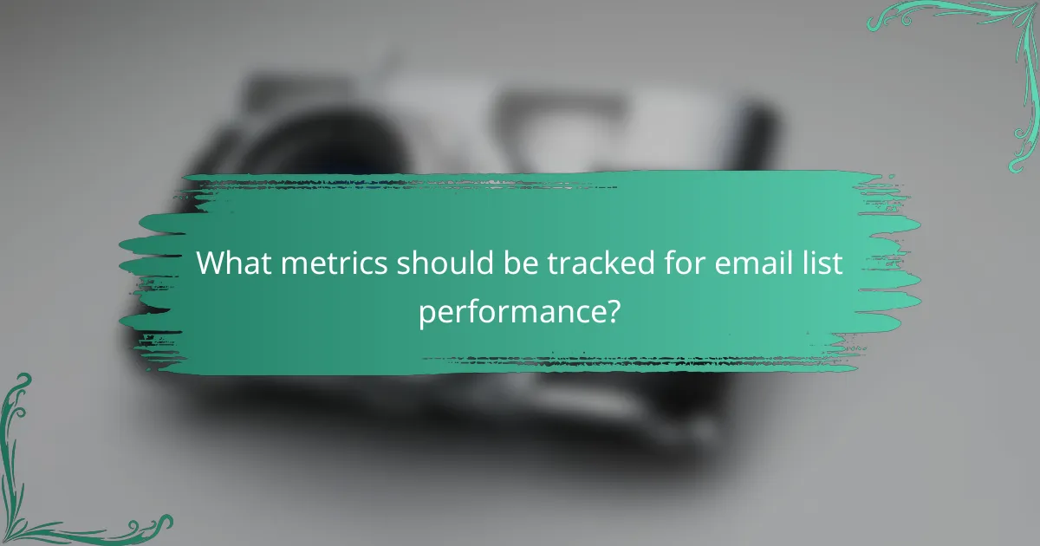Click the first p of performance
coord(428,314)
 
